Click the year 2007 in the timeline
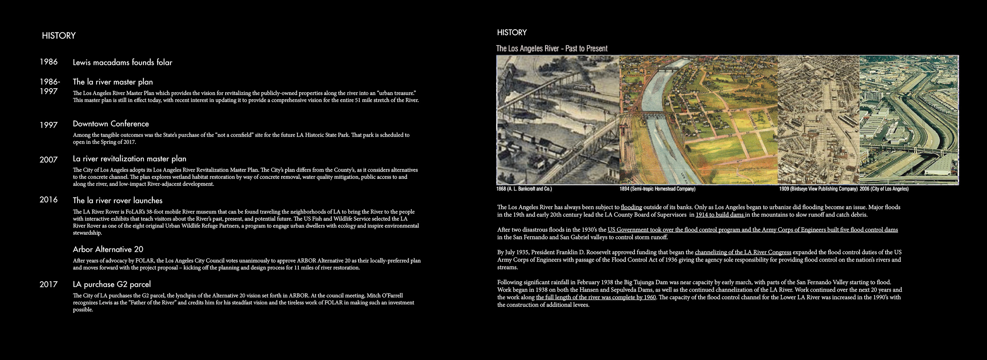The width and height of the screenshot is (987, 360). pos(48,160)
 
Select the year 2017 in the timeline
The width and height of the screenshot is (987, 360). pos(48,284)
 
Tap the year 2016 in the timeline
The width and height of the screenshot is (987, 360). pos(48,200)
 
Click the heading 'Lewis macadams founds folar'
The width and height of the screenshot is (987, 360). pos(122,62)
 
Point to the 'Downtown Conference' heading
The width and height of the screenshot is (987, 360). pos(111,124)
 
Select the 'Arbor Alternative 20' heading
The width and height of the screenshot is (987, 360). pos(108,249)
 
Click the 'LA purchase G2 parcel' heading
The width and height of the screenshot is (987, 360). pos(111,284)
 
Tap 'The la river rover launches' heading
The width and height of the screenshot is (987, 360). pos(118,200)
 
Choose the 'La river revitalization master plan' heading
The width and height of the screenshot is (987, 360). pos(129,159)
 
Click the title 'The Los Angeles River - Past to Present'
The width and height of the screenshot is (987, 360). pos(552,48)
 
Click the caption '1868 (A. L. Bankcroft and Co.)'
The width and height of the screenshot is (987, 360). pos(524,189)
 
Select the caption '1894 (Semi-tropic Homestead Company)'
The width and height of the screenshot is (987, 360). pos(657,189)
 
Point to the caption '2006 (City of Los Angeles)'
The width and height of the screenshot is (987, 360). pos(884,189)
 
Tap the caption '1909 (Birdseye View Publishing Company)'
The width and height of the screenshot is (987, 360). pos(818,189)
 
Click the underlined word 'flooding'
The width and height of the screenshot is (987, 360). pos(631,207)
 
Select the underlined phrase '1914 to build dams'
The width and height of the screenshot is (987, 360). pos(720,215)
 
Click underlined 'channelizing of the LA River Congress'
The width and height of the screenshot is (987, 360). pos(743,252)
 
